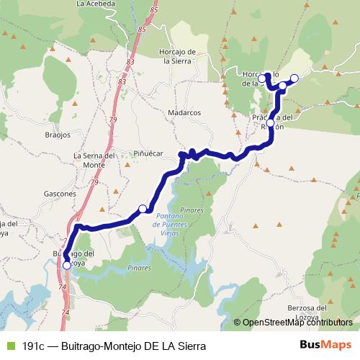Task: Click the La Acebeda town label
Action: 96,4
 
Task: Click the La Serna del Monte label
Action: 94,160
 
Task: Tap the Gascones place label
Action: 60,194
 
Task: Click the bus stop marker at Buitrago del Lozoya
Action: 67,265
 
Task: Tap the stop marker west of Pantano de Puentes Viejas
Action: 143,209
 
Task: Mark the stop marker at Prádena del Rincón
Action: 271,123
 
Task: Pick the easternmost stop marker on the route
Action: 294,78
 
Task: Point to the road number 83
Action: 130,63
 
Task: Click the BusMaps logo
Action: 325,345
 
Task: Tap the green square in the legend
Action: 9,346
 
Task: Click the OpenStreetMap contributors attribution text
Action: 297,323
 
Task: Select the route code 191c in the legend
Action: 35,346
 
